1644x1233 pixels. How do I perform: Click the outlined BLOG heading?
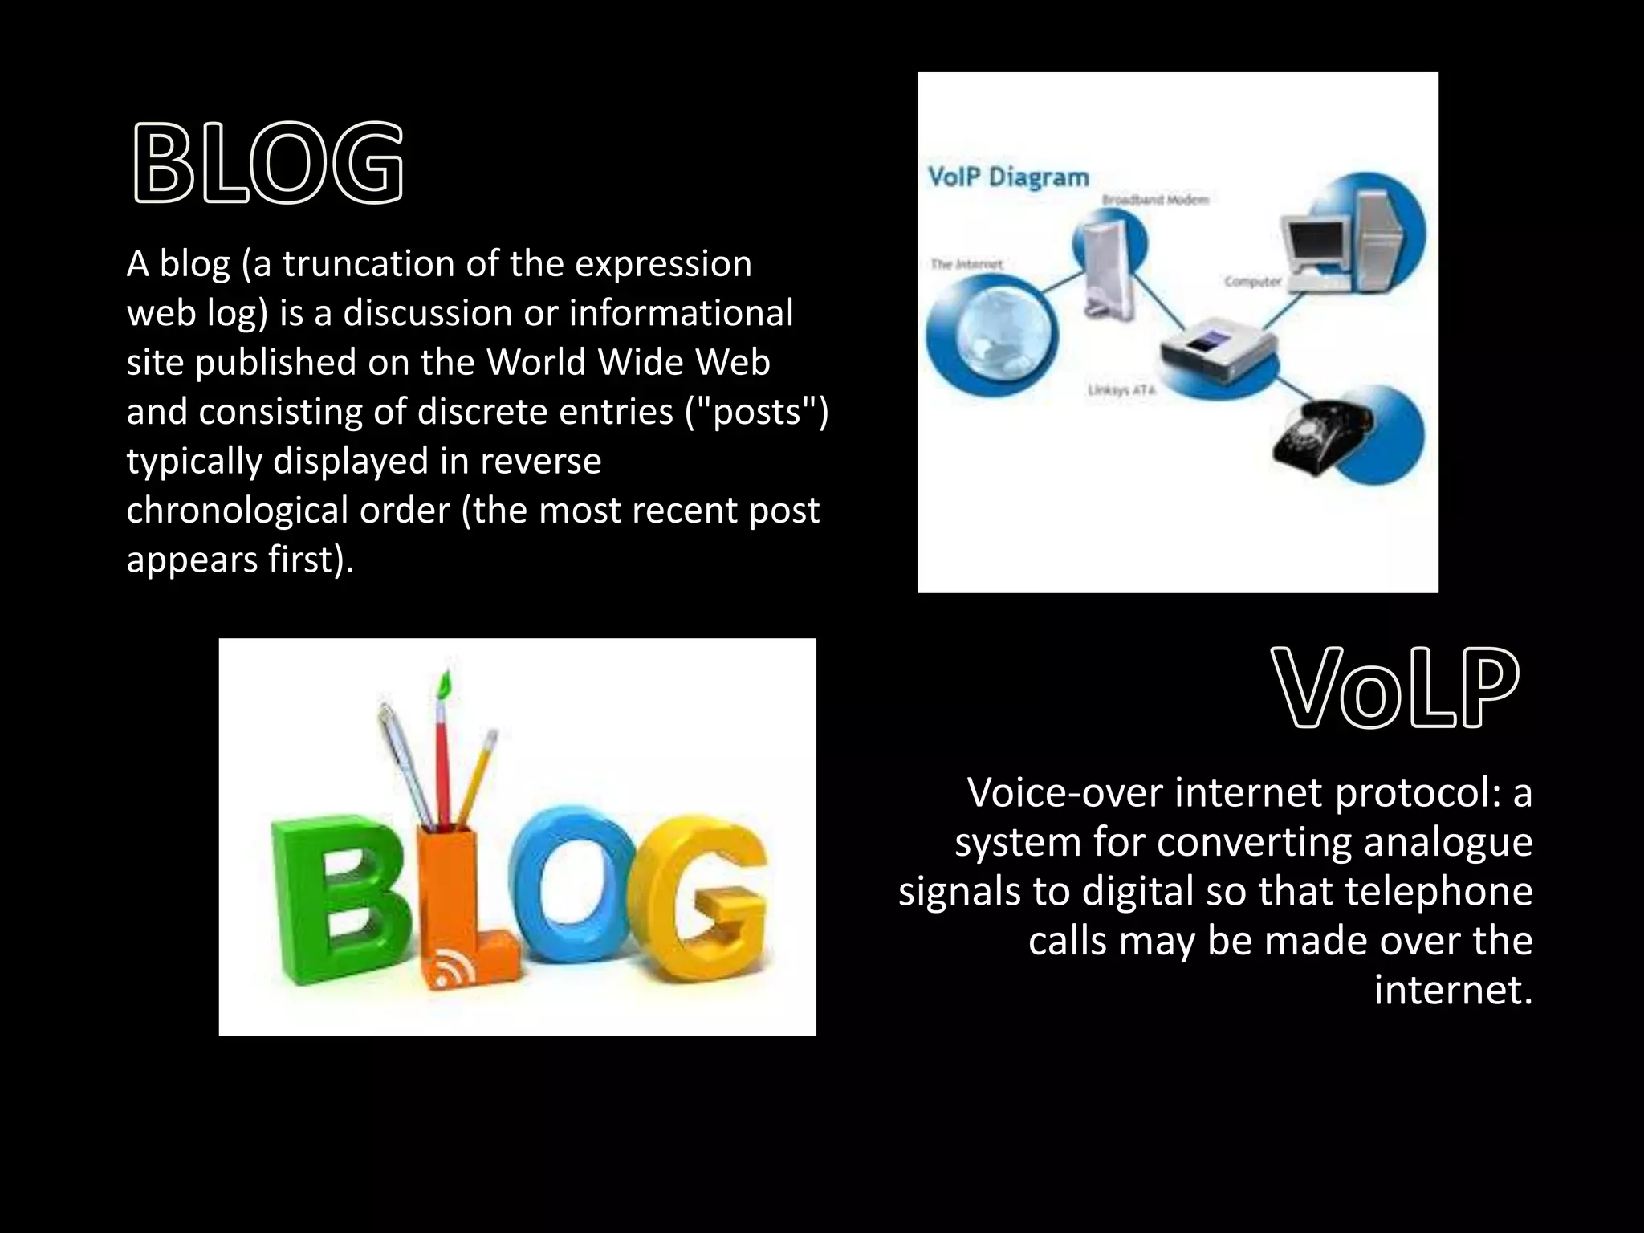[267, 162]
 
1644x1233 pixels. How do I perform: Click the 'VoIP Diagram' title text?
[1008, 177]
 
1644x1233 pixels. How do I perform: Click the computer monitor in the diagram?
[1316, 241]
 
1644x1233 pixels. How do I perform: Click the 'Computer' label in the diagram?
[1251, 281]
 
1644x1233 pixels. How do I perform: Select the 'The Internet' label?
[966, 264]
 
